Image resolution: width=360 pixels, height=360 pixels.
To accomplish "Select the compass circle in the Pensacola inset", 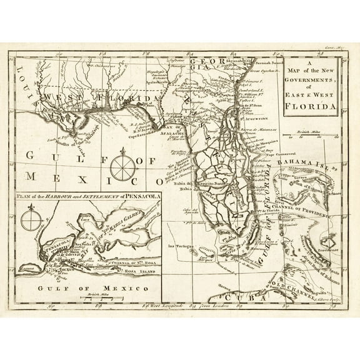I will tap(30, 221).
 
